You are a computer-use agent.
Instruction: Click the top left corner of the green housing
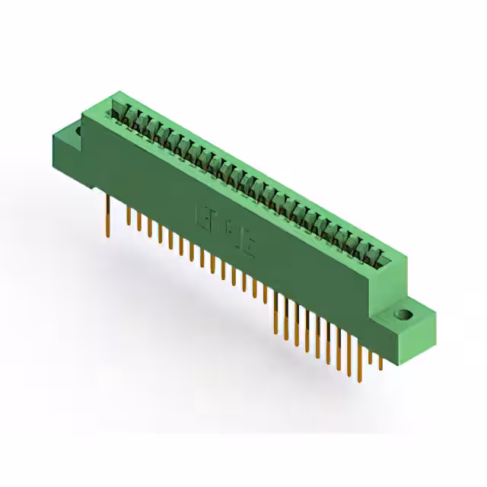(113, 93)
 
